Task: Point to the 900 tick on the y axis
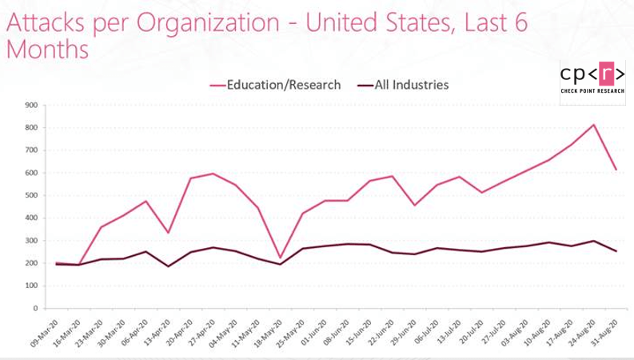click(32, 105)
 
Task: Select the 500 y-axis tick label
click(32, 195)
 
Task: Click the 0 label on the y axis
click(36, 308)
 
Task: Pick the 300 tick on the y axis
click(32, 240)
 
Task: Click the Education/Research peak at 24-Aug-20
click(594, 125)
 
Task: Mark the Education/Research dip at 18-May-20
click(279, 257)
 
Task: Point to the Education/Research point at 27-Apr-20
click(213, 174)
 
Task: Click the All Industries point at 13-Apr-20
click(168, 266)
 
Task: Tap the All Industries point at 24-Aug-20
click(594, 241)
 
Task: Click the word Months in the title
click(46, 50)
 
